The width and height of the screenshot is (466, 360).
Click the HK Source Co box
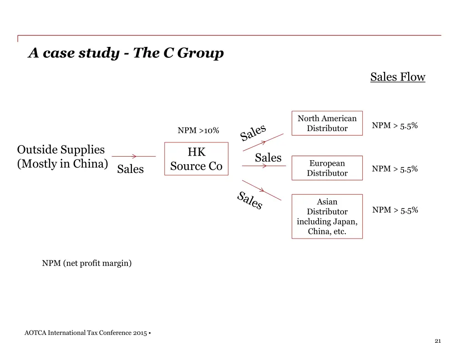[196, 159]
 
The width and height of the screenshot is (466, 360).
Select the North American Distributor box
[327, 123]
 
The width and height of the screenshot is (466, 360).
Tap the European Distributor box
[327, 168]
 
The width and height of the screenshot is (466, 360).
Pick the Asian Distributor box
[327, 216]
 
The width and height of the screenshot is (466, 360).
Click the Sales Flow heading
[397, 77]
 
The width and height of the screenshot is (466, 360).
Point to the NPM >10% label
[198, 131]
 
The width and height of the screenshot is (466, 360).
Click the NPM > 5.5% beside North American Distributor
[395, 126]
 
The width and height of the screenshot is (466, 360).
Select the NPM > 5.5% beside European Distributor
[395, 169]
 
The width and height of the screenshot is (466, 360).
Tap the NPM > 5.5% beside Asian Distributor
[395, 210]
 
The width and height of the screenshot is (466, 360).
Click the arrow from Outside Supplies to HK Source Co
[134, 157]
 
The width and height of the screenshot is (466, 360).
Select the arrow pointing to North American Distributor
[264, 142]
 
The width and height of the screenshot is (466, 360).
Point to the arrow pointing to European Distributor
[264, 166]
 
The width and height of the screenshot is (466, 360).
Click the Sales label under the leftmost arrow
[130, 169]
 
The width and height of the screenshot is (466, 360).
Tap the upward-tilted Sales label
[253, 132]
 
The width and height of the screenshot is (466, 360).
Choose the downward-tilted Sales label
[250, 201]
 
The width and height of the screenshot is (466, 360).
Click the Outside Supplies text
[61, 150]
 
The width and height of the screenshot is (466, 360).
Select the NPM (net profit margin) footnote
[87, 263]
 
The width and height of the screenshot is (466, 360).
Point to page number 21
[438, 341]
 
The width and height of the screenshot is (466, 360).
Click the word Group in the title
[200, 53]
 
